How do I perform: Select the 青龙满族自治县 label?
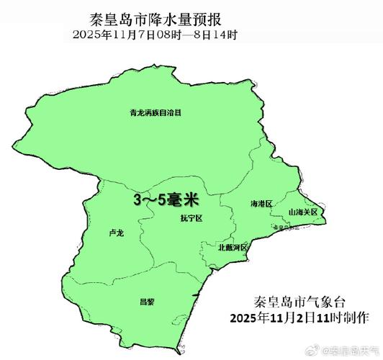[154, 113]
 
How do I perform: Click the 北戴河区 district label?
[233, 248]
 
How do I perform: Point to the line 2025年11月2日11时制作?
[299, 318]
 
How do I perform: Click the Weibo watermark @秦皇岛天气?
[348, 349]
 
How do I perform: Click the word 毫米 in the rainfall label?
[184, 199]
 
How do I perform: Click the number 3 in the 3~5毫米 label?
[137, 199]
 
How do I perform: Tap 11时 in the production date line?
[329, 318]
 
